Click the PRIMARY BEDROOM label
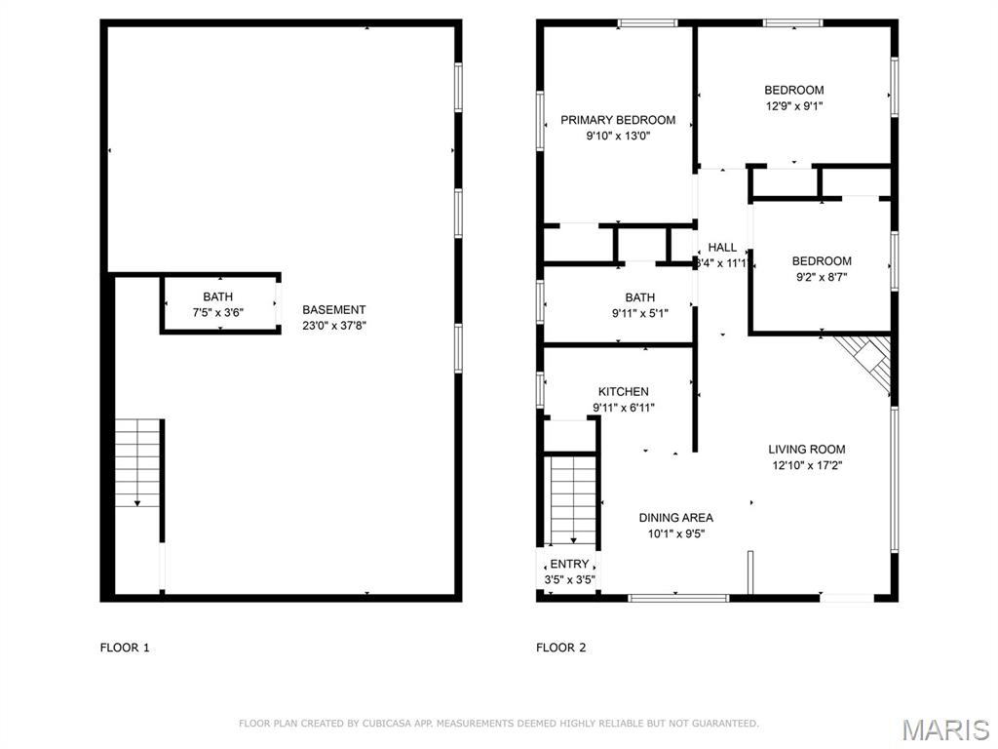pyautogui.click(x=617, y=120)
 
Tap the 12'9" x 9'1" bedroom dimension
pyautogui.click(x=793, y=106)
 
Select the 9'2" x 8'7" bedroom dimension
pyautogui.click(x=821, y=277)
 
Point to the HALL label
pyautogui.click(x=722, y=248)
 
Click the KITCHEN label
pyautogui.click(x=624, y=392)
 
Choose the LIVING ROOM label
pyautogui.click(x=806, y=450)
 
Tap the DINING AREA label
pyautogui.click(x=675, y=518)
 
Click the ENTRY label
pyautogui.click(x=569, y=564)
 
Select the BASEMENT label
pyautogui.click(x=333, y=310)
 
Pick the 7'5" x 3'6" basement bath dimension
pyautogui.click(x=217, y=313)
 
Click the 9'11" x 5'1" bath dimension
pyautogui.click(x=640, y=314)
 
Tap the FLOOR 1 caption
pyautogui.click(x=125, y=648)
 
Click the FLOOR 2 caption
pyautogui.click(x=561, y=648)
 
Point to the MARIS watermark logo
pyautogui.click(x=944, y=729)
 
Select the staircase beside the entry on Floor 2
pyautogui.click(x=572, y=498)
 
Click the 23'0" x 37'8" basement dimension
pyautogui.click(x=333, y=327)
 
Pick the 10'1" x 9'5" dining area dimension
pyautogui.click(x=675, y=533)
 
